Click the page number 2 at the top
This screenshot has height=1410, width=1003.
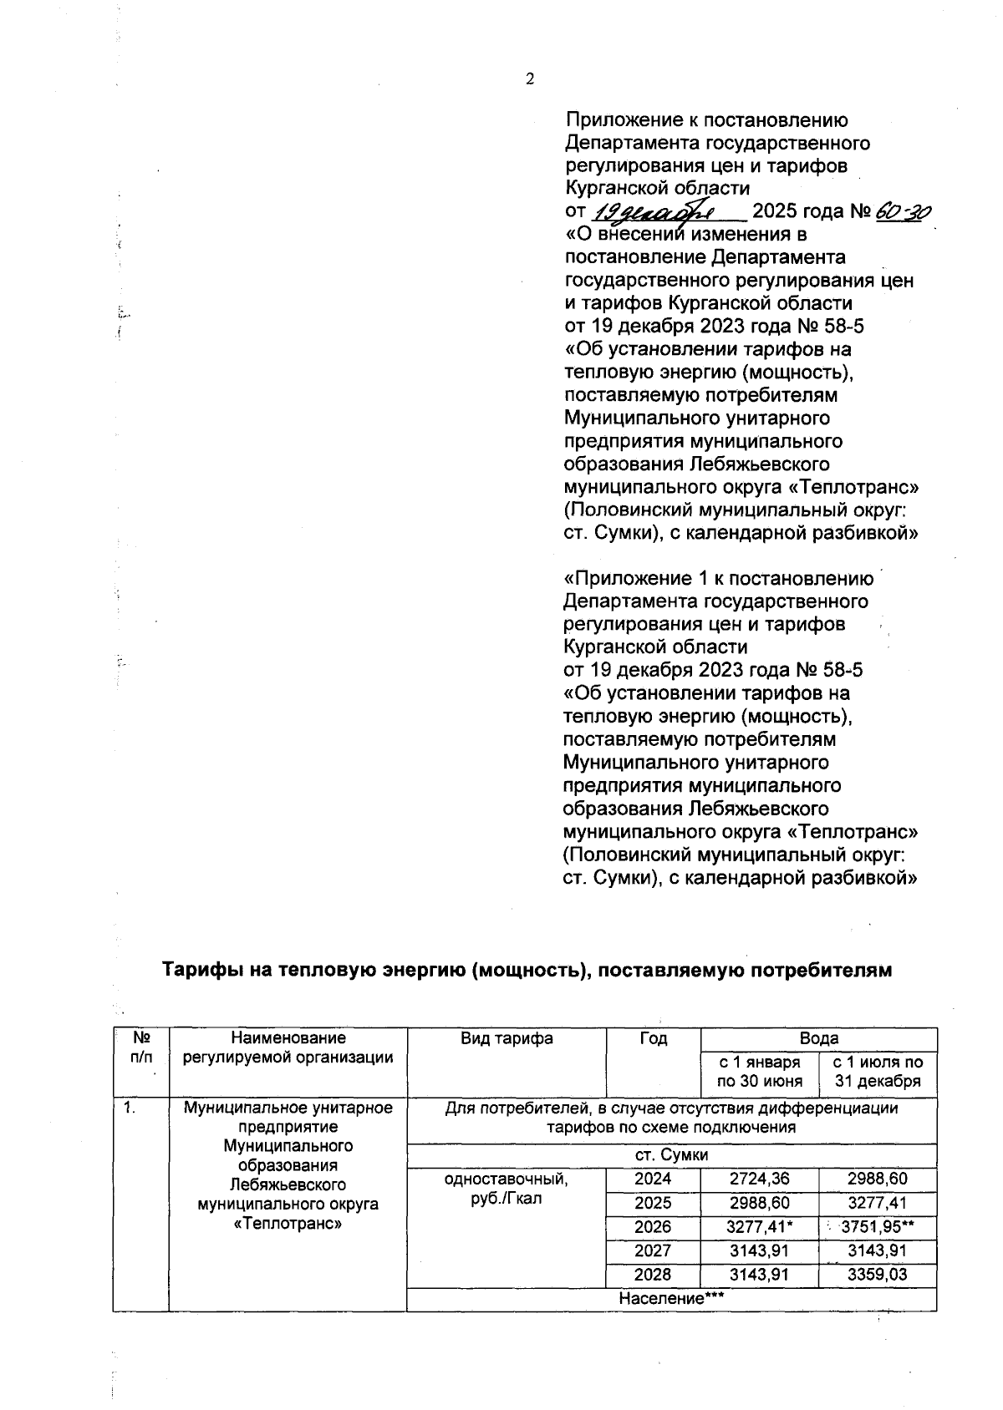(529, 79)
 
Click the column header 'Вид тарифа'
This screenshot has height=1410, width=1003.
(507, 1038)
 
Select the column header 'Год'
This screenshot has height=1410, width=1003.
(654, 1038)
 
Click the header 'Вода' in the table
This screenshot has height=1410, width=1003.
(819, 1038)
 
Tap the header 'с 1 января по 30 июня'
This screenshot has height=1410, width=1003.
(760, 1072)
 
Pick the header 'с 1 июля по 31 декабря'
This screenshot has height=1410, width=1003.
(878, 1072)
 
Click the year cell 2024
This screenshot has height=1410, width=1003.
(654, 1179)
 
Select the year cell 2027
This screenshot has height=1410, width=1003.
(654, 1250)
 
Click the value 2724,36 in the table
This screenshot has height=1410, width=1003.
(760, 1179)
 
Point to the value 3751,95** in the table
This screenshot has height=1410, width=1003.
(878, 1227)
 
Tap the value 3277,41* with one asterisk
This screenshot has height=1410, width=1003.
(760, 1227)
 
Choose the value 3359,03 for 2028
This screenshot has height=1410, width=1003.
(878, 1276)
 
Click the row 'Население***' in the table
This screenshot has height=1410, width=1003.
(670, 1299)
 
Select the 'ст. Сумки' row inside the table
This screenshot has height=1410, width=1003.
(670, 1155)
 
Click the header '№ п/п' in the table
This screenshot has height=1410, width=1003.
(141, 1047)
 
